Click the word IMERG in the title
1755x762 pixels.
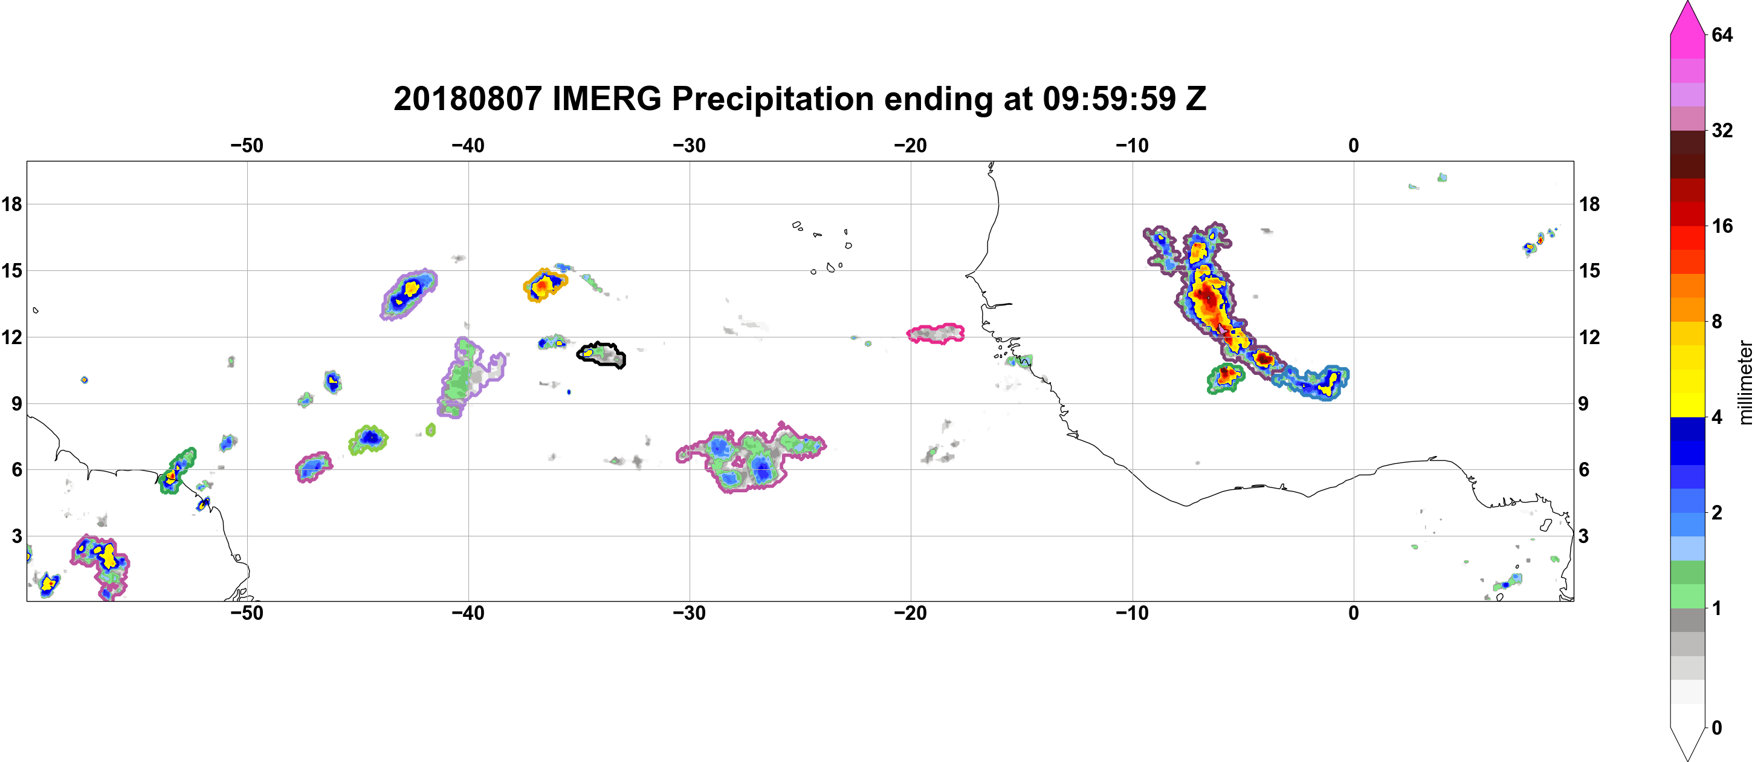[x=606, y=99]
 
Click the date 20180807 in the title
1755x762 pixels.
[x=467, y=99]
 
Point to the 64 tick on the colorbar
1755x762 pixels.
[x=1722, y=34]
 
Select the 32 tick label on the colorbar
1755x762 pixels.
[x=1722, y=130]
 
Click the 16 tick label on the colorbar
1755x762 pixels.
[x=1722, y=226]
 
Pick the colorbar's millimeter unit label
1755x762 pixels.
[x=1745, y=382]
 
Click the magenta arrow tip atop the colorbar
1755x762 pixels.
[x=1687, y=3]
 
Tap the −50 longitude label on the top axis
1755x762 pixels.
[x=247, y=145]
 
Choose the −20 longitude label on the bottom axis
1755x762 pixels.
[x=911, y=613]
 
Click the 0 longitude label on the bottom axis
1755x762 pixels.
[x=1354, y=613]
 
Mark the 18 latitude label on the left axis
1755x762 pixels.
[x=11, y=204]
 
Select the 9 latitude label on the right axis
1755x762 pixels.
[x=1584, y=403]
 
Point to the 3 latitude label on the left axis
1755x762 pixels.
[x=16, y=536]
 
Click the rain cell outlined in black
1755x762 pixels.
[x=601, y=354]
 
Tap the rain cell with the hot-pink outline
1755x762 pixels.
[x=936, y=333]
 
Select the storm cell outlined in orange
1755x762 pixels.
[x=545, y=285]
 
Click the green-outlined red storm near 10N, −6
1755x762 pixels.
[x=1226, y=378]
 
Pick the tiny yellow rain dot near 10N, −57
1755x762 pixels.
[x=84, y=380]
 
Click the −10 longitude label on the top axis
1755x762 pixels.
[x=1133, y=145]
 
